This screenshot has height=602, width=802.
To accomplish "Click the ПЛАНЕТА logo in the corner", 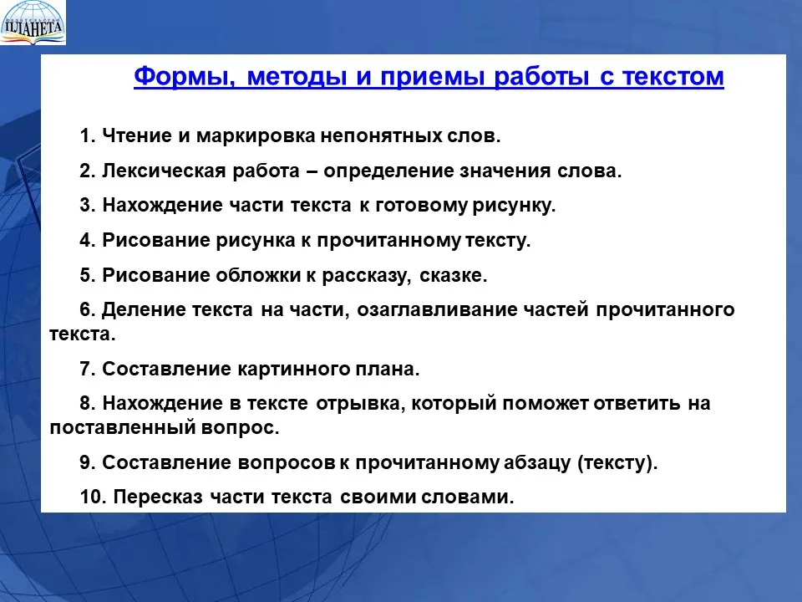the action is click(33, 23).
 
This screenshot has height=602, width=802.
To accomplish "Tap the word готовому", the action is click(421, 206).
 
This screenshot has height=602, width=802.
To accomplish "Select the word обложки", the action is click(258, 275).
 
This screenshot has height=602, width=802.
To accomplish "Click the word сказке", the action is click(453, 275).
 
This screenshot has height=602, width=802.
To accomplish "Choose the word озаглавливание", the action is click(437, 310).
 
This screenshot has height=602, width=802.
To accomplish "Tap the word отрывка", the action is click(361, 404).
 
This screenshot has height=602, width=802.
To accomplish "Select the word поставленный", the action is click(122, 427).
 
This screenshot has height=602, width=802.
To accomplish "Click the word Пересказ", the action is click(158, 497).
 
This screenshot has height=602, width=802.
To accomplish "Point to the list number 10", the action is click(93, 497).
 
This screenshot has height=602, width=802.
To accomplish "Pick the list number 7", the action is click(88, 369).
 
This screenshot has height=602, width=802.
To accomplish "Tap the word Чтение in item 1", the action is click(136, 136).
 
